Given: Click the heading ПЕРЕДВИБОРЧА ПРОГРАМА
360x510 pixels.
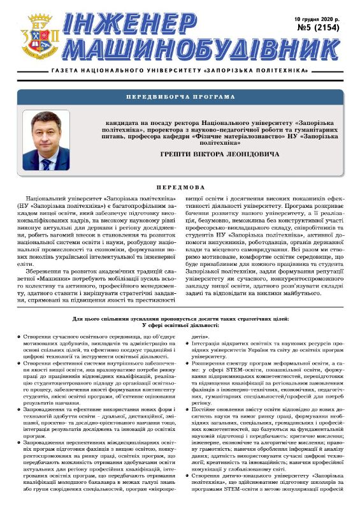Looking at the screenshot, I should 180,97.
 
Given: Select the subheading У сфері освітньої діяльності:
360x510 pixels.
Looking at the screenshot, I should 180,326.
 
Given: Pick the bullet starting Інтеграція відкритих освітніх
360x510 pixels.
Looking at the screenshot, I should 189,344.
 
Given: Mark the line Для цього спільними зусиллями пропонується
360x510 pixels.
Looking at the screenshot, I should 180,318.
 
